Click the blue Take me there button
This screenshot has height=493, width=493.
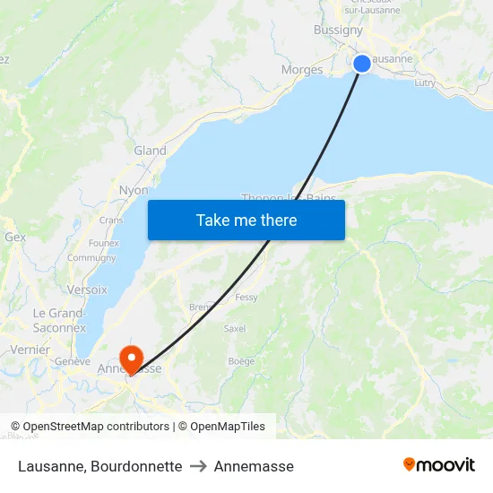[246, 220]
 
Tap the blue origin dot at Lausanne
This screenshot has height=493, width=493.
[362, 63]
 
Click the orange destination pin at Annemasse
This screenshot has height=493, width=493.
[131, 359]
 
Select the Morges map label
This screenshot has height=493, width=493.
[302, 70]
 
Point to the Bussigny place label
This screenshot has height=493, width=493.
[338, 30]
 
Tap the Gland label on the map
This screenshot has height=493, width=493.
[150, 151]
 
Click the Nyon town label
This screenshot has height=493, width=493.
[134, 190]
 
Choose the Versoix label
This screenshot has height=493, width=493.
[87, 290]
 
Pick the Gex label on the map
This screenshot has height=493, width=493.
[15, 238]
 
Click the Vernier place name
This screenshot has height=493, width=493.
[30, 350]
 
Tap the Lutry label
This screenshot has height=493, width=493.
[425, 82]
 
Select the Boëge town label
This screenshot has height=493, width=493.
[241, 361]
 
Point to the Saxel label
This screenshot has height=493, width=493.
[235, 329]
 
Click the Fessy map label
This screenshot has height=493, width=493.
[246, 297]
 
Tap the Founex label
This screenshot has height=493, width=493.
[104, 243]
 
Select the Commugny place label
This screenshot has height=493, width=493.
[91, 258]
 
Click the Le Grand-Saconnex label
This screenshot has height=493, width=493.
[59, 320]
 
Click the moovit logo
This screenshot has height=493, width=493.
[438, 464]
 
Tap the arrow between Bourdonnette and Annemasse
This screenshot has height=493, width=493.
[198, 466]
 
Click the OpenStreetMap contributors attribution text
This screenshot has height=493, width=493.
[90, 427]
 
